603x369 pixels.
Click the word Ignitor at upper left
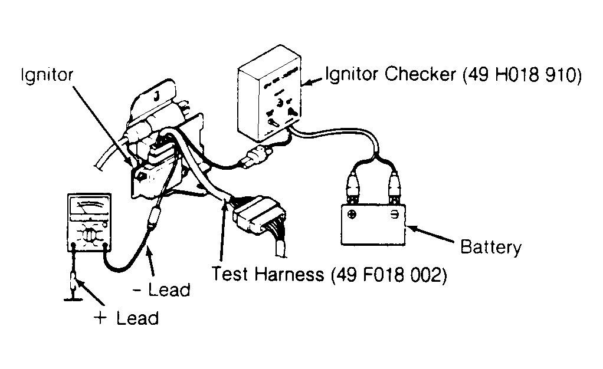pos(47,75)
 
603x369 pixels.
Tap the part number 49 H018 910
pos(522,75)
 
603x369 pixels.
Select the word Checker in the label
pos(420,74)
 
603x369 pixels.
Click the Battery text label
pos(491,247)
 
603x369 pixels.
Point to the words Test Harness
pos(268,274)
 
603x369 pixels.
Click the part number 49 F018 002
pos(388,275)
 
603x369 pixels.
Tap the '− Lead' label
pos(162,290)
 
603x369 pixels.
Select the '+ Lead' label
pos(126,318)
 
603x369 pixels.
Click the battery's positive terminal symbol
pos(352,214)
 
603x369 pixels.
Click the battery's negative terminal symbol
pos(395,215)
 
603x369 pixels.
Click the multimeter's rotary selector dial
pos(89,235)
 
